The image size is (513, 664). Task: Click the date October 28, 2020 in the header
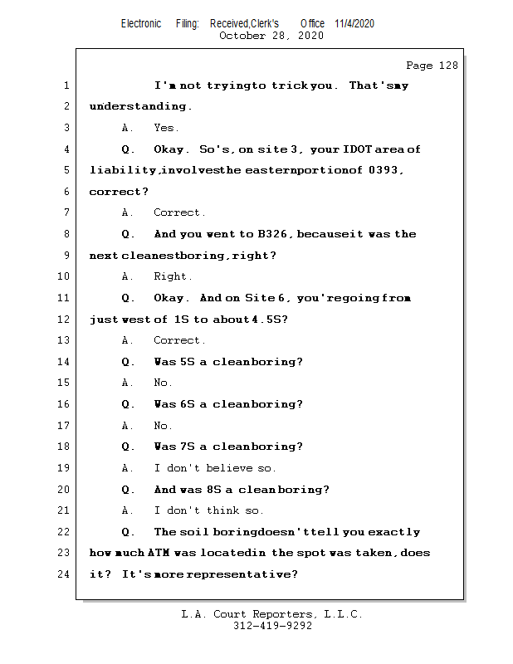point(271,36)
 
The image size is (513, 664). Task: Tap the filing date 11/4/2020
point(354,24)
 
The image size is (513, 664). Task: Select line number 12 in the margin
point(66,320)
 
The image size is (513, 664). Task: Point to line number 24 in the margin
point(66,574)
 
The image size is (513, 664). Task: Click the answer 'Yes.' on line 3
point(166,128)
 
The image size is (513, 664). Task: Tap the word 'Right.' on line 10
point(173,276)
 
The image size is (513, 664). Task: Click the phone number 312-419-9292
point(271,627)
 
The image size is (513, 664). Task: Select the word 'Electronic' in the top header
point(141,24)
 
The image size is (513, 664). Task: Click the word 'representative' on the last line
point(250,574)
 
